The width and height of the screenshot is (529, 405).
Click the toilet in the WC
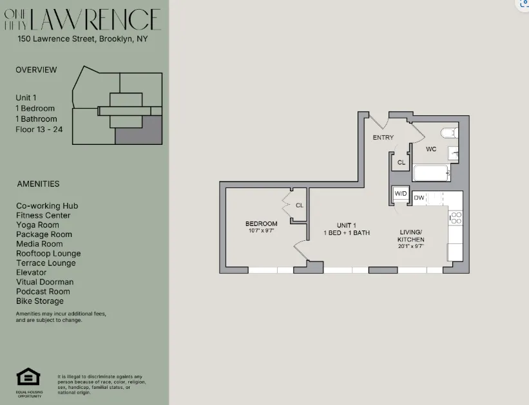point(449,133)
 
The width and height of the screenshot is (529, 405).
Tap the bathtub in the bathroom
point(430,173)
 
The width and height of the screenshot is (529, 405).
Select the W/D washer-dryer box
point(401,193)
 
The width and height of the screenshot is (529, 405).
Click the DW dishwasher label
point(419,198)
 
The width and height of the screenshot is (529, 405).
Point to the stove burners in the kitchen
point(456,218)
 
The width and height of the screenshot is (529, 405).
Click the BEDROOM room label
point(261,223)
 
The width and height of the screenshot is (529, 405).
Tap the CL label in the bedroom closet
point(299,205)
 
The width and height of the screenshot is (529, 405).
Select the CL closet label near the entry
point(401,163)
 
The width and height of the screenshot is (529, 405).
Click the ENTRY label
point(383,138)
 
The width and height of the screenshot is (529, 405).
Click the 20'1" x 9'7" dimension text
point(410,246)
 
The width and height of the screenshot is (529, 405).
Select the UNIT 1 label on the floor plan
point(346,225)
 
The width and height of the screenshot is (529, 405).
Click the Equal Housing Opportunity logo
point(27,380)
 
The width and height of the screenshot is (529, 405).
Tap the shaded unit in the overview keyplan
point(138,131)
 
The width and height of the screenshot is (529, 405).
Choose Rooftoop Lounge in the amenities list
point(48,254)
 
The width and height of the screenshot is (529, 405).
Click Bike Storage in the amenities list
point(40,301)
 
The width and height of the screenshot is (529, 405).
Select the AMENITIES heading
point(38,184)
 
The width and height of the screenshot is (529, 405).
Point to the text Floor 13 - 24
point(39,129)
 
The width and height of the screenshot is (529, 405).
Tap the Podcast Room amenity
point(43,292)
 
